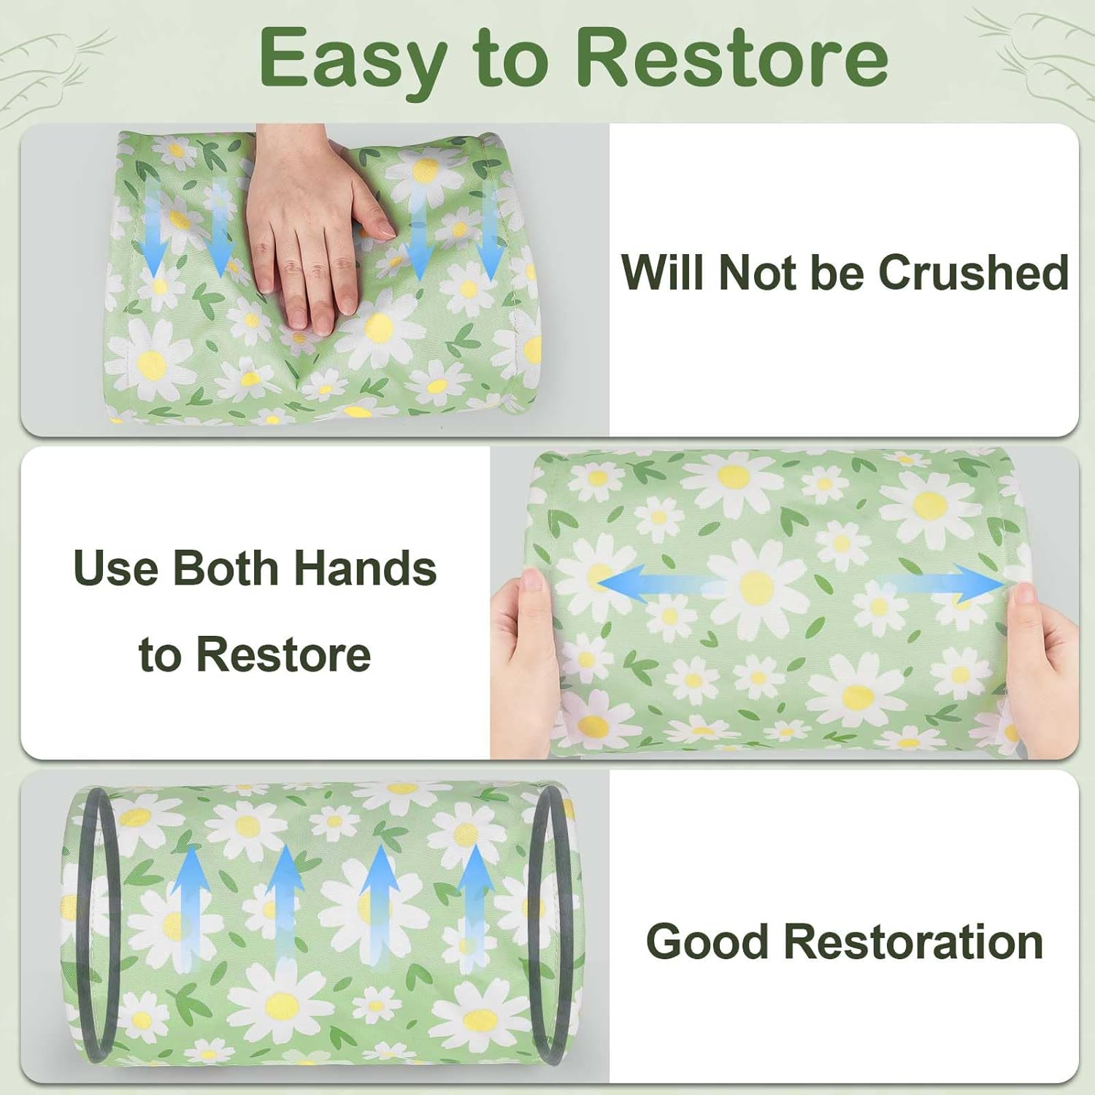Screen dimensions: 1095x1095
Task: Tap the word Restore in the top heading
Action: coord(732,57)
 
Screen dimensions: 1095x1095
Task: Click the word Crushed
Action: coord(974,272)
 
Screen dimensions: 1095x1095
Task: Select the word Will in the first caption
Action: coord(664,272)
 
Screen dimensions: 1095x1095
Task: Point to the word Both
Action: coord(225,568)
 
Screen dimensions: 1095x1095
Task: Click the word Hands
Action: coord(365,568)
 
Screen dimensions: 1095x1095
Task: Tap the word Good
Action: coord(707,941)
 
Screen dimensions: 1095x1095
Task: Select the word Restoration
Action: coord(913,941)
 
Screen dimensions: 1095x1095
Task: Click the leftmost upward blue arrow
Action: coord(191,909)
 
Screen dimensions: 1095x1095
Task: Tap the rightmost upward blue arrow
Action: coord(476,905)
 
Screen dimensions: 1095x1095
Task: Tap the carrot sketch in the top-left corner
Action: coord(51,73)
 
